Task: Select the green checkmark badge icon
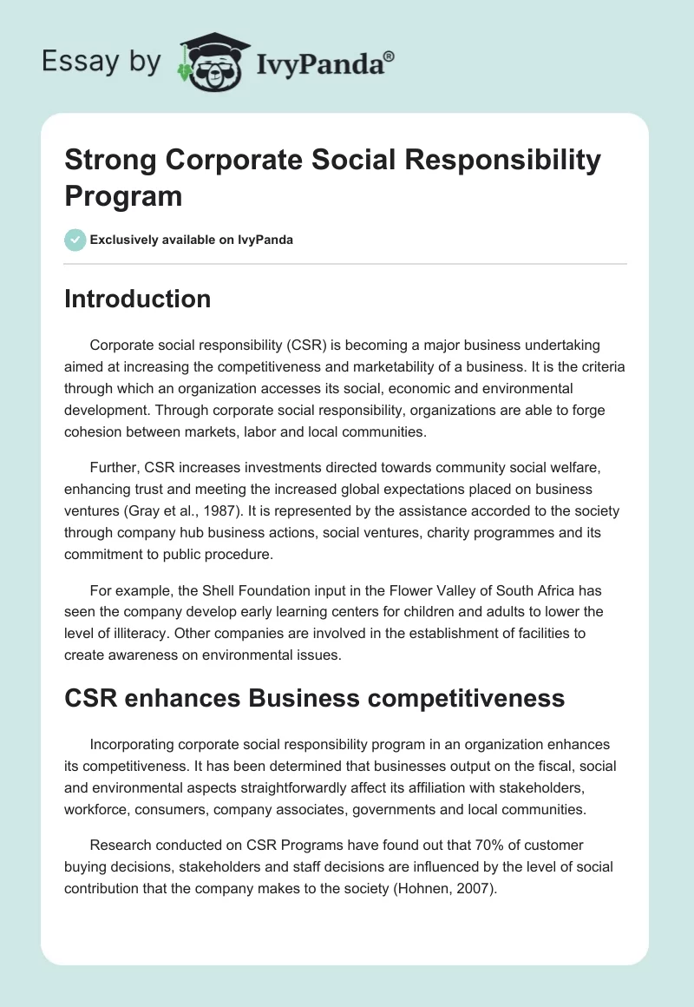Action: click(75, 240)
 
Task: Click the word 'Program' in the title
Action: click(123, 195)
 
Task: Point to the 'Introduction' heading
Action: click(138, 299)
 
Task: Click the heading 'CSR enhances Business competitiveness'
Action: click(314, 697)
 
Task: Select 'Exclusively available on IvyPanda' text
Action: click(193, 240)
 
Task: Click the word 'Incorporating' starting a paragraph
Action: click(133, 745)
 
